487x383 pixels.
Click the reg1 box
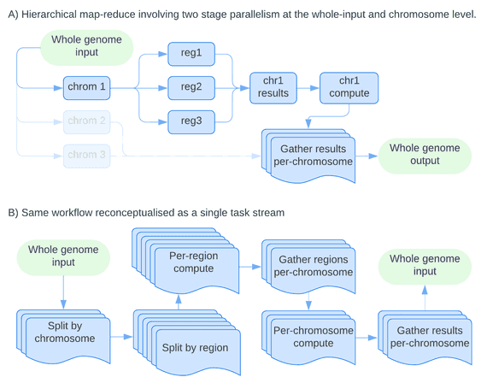(191, 54)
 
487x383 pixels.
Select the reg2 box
(191, 88)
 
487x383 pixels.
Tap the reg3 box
(191, 122)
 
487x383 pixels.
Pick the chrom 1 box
(86, 88)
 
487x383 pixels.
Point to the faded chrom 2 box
(86, 122)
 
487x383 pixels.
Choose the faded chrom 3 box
(86, 156)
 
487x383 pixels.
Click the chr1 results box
(273, 88)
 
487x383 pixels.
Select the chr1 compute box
(349, 88)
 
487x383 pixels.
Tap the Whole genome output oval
(425, 156)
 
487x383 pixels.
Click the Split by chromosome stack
(63, 336)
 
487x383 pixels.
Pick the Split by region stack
(187, 342)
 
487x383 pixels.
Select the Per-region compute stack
(185, 261)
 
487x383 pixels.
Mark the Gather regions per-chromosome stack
(308, 267)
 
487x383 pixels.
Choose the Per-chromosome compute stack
(308, 338)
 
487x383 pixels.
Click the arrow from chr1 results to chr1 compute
(308, 88)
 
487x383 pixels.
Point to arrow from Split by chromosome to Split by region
(121, 337)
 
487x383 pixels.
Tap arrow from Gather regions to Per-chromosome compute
(308, 302)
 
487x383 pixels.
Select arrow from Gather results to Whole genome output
(367, 156)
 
